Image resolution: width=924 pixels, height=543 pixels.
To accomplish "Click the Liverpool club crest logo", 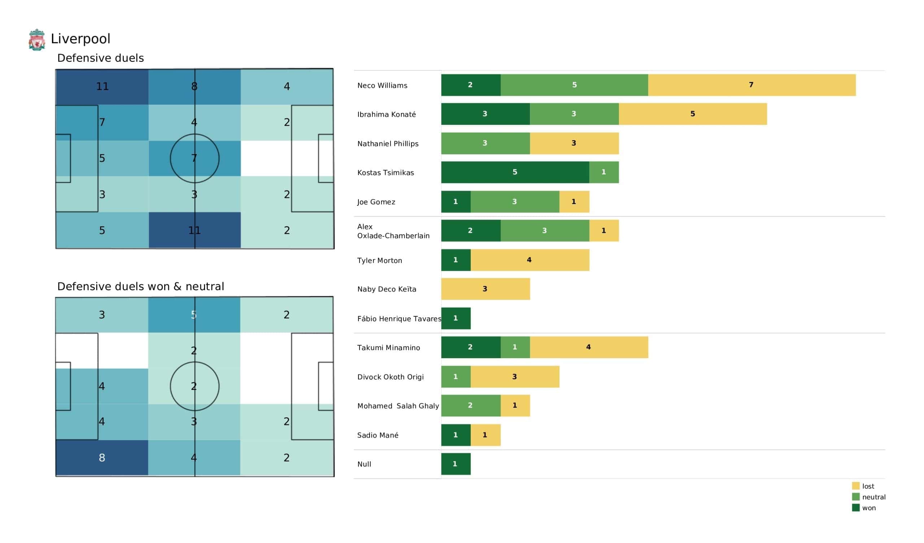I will pyautogui.click(x=37, y=40).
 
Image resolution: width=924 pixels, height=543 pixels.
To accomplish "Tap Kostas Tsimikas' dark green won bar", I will pyautogui.click(x=515, y=173).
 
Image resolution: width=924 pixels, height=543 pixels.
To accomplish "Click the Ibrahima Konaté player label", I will pyautogui.click(x=387, y=114).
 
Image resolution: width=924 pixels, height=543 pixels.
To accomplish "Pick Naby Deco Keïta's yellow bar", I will pyautogui.click(x=485, y=289).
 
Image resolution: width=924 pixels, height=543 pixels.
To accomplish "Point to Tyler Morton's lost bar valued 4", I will pyautogui.click(x=529, y=260).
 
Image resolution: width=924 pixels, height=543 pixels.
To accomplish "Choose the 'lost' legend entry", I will pyautogui.click(x=868, y=486).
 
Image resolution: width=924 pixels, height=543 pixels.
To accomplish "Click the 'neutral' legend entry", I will pyautogui.click(x=873, y=497).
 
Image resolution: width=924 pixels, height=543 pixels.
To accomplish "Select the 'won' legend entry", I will pyautogui.click(x=868, y=508).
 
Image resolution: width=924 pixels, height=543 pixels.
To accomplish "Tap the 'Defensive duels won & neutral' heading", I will pyautogui.click(x=140, y=287).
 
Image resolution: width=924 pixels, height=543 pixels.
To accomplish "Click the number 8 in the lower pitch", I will pyautogui.click(x=102, y=458).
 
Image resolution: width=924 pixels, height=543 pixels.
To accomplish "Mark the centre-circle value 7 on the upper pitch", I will pyautogui.click(x=194, y=158).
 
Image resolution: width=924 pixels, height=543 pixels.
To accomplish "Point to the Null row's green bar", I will pyautogui.click(x=456, y=464).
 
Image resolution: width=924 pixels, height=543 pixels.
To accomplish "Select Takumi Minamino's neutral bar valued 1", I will pyautogui.click(x=515, y=347).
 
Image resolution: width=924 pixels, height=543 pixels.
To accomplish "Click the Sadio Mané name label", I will pyautogui.click(x=378, y=435).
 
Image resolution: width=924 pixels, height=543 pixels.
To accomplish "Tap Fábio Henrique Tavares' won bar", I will pyautogui.click(x=456, y=318).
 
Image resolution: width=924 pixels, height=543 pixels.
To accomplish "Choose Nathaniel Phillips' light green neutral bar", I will pyautogui.click(x=485, y=143).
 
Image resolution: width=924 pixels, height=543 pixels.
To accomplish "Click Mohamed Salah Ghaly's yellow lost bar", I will pyautogui.click(x=515, y=405).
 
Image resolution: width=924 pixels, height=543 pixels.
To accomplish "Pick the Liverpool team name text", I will pyautogui.click(x=80, y=39).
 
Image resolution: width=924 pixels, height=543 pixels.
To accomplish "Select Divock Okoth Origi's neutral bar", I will pyautogui.click(x=456, y=377).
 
